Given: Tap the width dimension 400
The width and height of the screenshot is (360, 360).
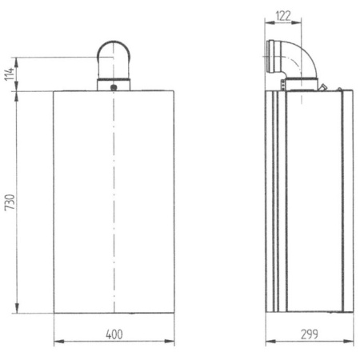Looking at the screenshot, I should [114, 334].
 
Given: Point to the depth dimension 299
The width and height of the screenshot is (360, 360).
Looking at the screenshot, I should [307, 334].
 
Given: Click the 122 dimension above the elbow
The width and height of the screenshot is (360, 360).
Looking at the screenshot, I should [282, 15].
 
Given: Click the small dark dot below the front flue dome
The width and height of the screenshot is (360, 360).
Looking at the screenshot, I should [114, 86].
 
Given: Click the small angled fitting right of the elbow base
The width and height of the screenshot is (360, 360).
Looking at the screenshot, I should [322, 85].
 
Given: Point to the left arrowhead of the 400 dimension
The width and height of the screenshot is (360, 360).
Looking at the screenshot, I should [57, 342].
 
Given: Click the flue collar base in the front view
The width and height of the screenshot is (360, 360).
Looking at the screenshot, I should [114, 83].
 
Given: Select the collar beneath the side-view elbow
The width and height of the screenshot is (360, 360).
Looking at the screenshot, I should [299, 83].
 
